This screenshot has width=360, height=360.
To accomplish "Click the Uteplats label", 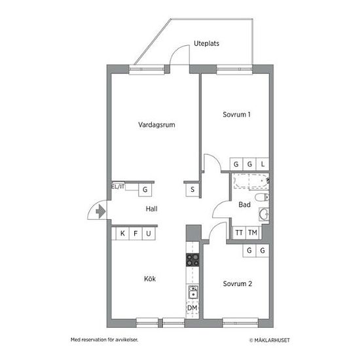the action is [206, 43].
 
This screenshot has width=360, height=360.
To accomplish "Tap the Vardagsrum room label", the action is [156, 124].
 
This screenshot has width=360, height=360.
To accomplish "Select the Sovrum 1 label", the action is [236, 115].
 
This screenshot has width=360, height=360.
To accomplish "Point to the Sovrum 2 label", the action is [238, 284].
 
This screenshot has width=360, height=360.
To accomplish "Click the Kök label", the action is [150, 279].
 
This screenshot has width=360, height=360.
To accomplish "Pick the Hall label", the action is [152, 209].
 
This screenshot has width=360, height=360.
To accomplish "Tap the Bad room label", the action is [245, 205].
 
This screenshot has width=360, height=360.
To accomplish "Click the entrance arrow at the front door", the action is [101, 211].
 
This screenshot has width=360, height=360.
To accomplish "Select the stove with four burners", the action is [192, 260].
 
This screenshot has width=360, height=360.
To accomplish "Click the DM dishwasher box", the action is [192, 308].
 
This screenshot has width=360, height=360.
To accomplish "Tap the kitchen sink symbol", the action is [193, 291].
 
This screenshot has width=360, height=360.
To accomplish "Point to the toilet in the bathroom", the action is [262, 197].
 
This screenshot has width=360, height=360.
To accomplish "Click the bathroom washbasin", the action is [264, 214].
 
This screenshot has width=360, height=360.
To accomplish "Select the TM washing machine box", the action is [253, 233].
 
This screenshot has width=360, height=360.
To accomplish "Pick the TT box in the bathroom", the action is [239, 233].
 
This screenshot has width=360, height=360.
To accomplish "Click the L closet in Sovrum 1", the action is [262, 164].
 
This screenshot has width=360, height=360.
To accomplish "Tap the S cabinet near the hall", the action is [192, 190].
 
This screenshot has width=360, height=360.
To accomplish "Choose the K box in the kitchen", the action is [122, 234].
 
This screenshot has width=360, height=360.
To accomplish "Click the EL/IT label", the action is [118, 187].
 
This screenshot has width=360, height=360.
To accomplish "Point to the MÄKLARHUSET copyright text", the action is [270, 340].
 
